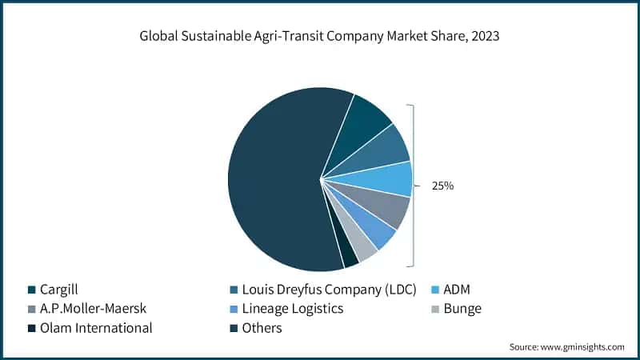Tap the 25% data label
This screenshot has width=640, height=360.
coord(442,186)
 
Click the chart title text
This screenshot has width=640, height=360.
coord(319,36)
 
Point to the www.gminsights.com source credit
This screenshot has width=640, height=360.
coord(566,346)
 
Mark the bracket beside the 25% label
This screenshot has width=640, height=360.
coord(413,186)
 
